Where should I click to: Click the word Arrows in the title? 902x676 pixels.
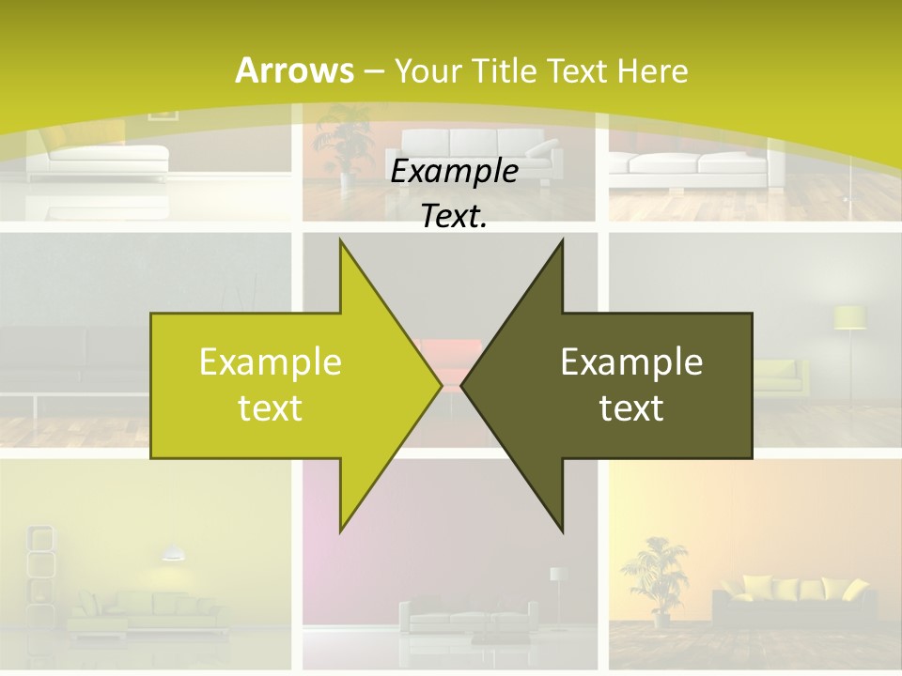click(294, 70)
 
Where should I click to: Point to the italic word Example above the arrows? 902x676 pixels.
click(455, 172)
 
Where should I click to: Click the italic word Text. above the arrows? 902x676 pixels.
click(455, 216)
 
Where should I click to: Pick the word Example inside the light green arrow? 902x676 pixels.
click(271, 362)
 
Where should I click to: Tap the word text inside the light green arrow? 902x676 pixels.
click(271, 408)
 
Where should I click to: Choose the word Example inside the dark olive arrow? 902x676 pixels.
click(631, 362)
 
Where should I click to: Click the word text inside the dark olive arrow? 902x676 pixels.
click(631, 408)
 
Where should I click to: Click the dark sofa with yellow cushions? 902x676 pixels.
click(789, 601)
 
